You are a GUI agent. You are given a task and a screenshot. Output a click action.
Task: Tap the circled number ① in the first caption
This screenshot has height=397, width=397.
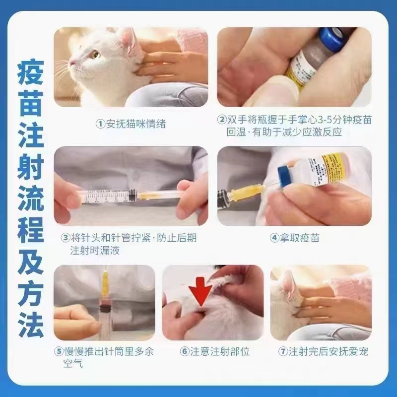[100, 124]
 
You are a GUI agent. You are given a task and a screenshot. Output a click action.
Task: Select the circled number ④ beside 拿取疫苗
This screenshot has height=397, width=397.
[274, 238]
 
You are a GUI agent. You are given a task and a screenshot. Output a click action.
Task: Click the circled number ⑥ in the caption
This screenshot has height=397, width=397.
[185, 351]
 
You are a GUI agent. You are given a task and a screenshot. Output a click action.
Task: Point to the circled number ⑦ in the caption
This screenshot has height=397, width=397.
[283, 351]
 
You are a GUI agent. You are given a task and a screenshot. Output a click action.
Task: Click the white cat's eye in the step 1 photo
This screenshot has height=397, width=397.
[94, 55]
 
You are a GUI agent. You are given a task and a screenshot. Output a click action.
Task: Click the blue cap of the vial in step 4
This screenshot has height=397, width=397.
[284, 177]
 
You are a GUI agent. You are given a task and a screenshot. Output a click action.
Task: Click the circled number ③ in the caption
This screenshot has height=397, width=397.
[66, 238]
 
